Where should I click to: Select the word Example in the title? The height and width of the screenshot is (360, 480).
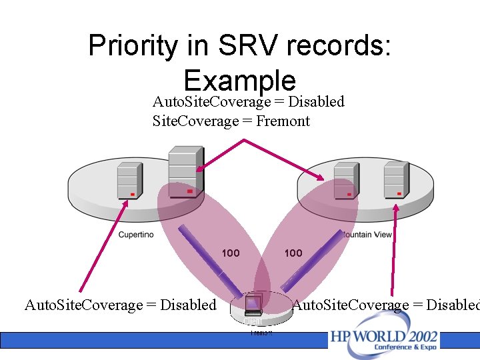[x=239, y=81]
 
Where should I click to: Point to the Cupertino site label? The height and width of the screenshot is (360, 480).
[x=136, y=235]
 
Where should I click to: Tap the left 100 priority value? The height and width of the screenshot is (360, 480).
[x=231, y=253]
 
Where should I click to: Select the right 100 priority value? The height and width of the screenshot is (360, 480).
[x=293, y=253]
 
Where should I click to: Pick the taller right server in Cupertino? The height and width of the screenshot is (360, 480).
[x=182, y=171]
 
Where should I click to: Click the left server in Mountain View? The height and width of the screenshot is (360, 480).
[x=344, y=179]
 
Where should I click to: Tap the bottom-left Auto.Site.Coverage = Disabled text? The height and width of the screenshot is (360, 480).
[x=121, y=305]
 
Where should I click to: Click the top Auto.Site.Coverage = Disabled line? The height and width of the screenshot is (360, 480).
[x=248, y=102]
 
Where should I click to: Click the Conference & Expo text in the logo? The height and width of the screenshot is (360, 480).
[x=406, y=348]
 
